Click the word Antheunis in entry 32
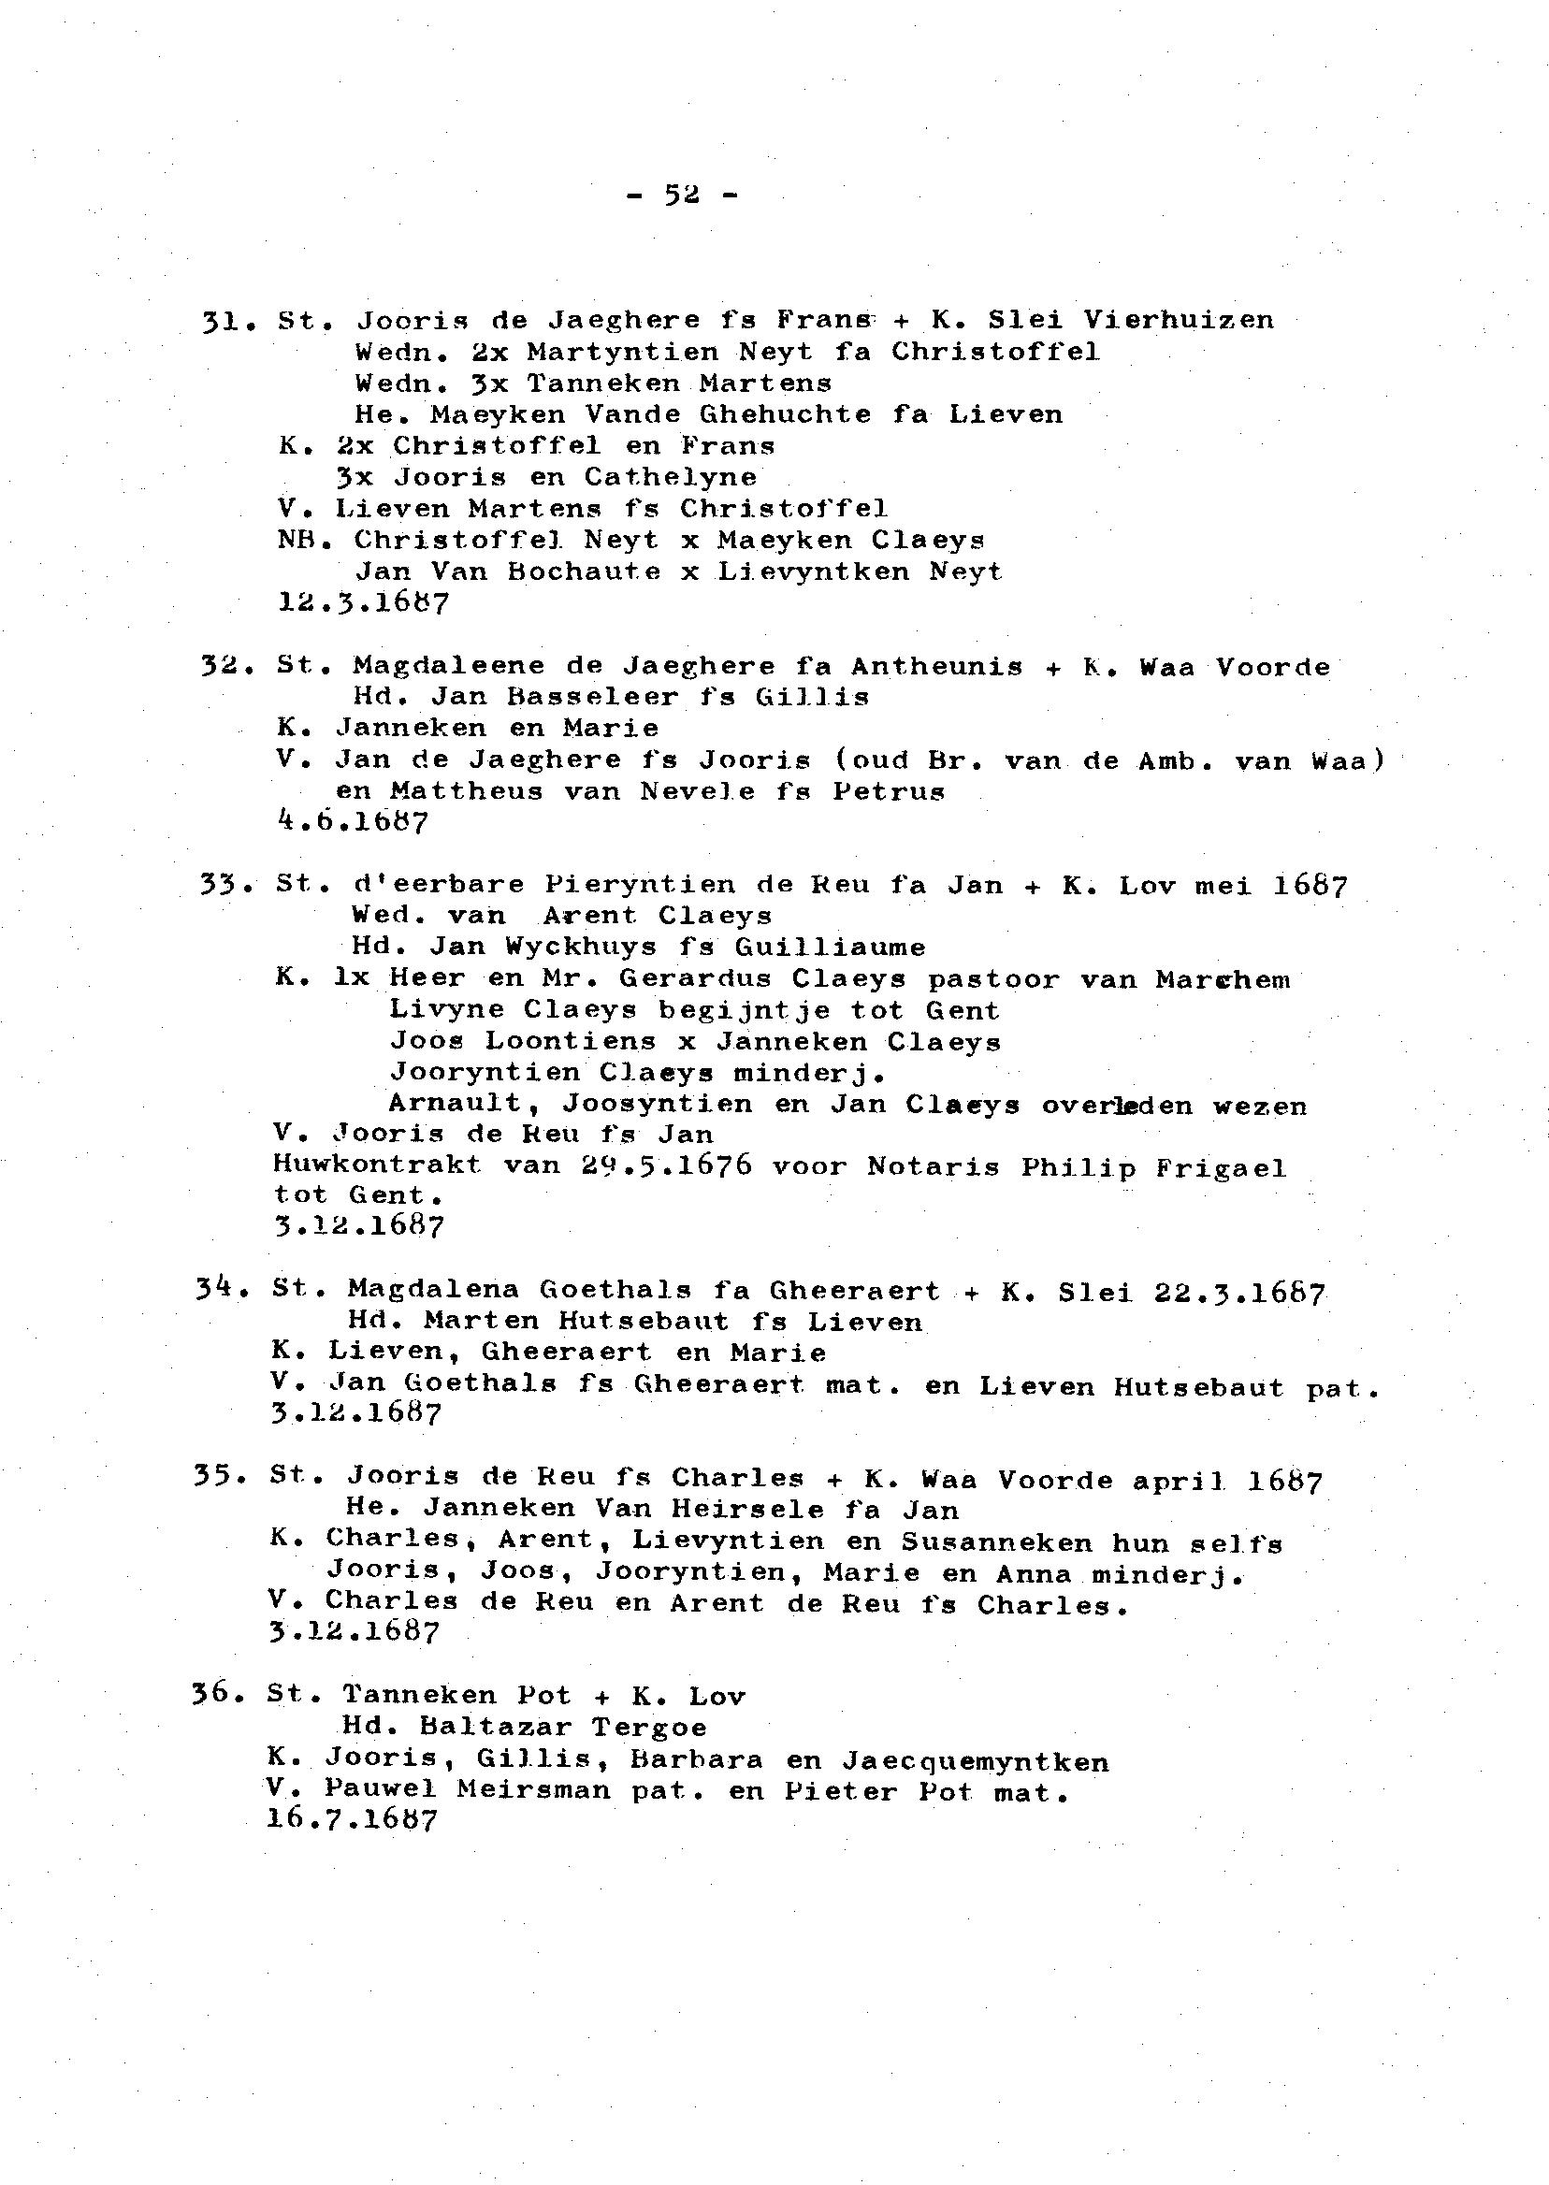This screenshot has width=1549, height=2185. point(936,666)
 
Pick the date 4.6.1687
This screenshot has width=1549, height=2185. point(352,821)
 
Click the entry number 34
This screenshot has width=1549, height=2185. point(221,1290)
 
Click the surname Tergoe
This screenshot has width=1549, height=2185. point(648,1728)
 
